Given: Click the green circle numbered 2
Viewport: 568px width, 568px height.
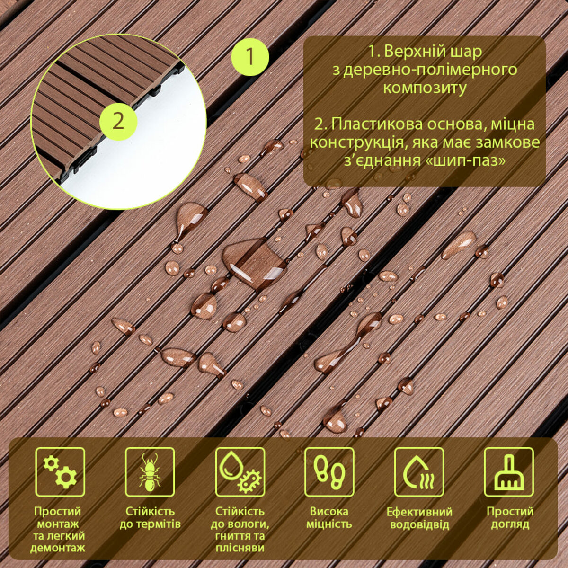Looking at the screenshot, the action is (118, 121).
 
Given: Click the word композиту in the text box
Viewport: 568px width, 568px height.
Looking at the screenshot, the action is (424, 88).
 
